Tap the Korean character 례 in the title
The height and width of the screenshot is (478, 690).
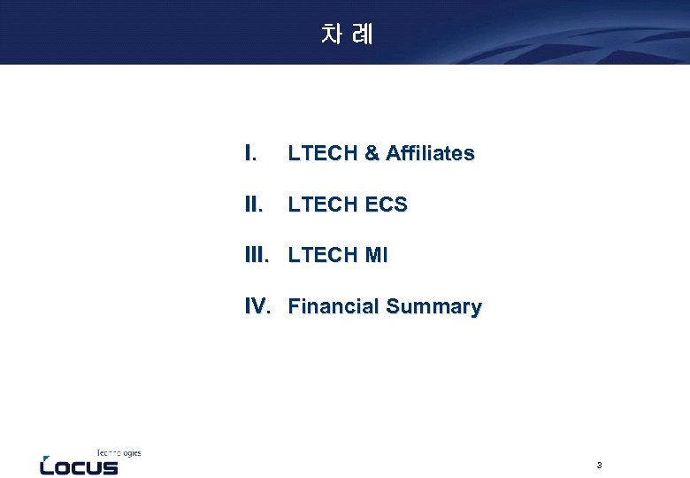pyautogui.click(x=361, y=35)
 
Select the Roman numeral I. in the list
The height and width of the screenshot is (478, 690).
pyautogui.click(x=250, y=154)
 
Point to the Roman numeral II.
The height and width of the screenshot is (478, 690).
pyautogui.click(x=253, y=205)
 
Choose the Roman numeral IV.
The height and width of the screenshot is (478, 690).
pyautogui.click(x=257, y=307)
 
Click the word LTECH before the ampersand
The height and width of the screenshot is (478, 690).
pyautogui.click(x=320, y=154)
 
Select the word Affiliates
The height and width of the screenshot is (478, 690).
pyautogui.click(x=430, y=154)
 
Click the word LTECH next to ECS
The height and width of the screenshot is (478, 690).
pyautogui.click(x=320, y=205)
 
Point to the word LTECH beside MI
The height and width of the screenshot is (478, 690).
pyautogui.click(x=320, y=256)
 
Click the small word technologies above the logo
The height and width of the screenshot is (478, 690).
pyautogui.click(x=119, y=452)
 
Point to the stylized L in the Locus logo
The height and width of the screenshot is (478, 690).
pyautogui.click(x=47, y=466)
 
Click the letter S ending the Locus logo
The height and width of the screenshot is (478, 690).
pyautogui.click(x=109, y=466)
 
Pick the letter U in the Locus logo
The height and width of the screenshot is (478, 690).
pyautogui.click(x=93, y=466)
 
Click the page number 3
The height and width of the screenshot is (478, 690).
pyautogui.click(x=599, y=466)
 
